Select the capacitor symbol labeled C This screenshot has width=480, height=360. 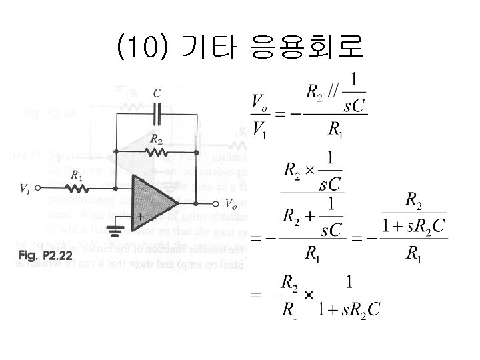157,114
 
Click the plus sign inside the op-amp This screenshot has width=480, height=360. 140,217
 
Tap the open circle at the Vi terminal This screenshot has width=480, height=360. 38,188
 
